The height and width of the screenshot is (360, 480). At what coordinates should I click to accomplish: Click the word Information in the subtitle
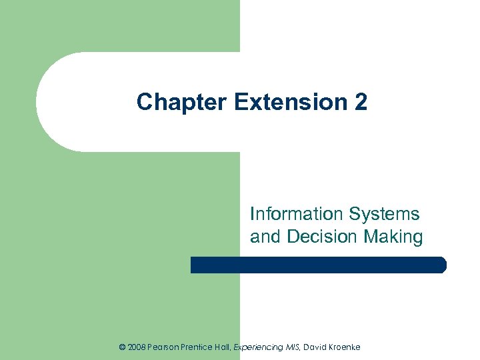click(x=293, y=214)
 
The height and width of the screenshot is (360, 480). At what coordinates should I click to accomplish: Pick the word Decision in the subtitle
click(x=325, y=237)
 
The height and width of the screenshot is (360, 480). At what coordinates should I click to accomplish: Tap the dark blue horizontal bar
click(x=318, y=265)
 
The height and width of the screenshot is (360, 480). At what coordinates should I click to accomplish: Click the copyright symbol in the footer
click(x=121, y=347)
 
